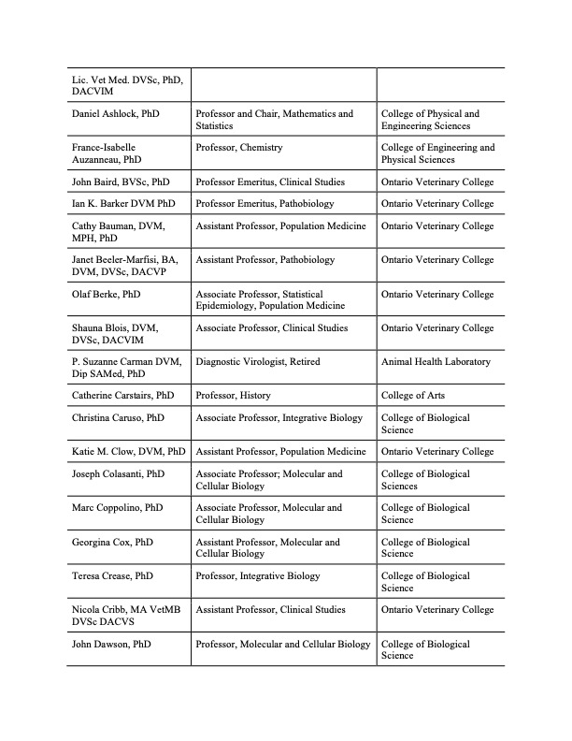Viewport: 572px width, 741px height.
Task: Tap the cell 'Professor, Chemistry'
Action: (239, 148)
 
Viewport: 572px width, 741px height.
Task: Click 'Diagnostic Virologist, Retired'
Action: (258, 362)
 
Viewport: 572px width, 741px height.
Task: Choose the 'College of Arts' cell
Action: (413, 396)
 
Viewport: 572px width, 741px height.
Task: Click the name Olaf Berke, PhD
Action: (106, 294)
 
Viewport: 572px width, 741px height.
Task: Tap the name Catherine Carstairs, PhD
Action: (122, 396)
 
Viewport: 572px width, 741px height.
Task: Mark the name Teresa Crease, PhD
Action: (116, 576)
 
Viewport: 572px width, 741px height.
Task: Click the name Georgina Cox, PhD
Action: (113, 542)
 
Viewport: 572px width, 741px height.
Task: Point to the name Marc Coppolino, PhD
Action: (117, 508)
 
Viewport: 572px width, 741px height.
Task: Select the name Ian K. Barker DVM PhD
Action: (122, 203)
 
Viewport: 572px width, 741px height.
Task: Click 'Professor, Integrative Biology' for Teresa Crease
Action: (258, 576)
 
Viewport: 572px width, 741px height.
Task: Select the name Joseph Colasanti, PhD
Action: (118, 474)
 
